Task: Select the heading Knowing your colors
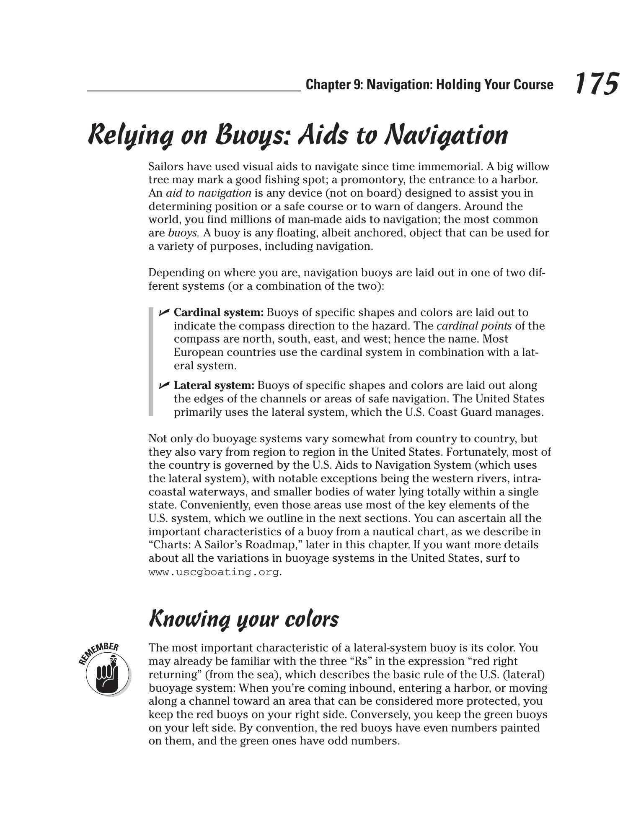pos(243,619)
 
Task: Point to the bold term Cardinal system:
pos(219,312)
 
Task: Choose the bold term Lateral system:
pos(214,385)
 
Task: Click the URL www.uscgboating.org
pos(214,572)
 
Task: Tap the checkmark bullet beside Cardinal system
pos(164,312)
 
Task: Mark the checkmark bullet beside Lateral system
pos(164,385)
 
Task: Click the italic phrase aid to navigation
pos(209,193)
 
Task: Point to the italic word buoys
pos(183,233)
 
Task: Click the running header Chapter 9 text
pos(429,85)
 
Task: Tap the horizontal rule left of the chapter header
pos(194,91)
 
